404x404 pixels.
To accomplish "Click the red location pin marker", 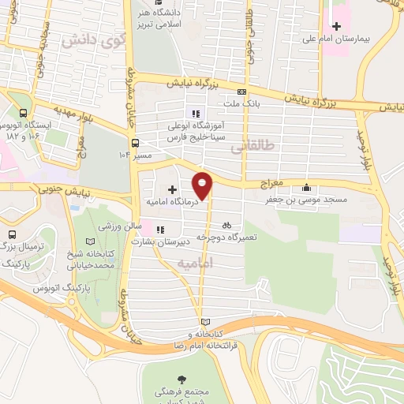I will (x=203, y=185).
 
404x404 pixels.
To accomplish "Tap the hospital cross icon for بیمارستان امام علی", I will (x=338, y=27).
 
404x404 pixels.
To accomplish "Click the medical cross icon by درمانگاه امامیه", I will (x=173, y=189).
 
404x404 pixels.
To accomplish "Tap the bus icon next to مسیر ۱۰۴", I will (x=136, y=143).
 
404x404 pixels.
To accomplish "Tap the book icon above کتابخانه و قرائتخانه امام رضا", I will (x=206, y=322).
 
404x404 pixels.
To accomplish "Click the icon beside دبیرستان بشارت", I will (x=161, y=230).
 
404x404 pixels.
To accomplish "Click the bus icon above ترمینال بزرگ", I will (x=12, y=235).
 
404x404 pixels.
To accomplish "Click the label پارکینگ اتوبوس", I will (x=57, y=290).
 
